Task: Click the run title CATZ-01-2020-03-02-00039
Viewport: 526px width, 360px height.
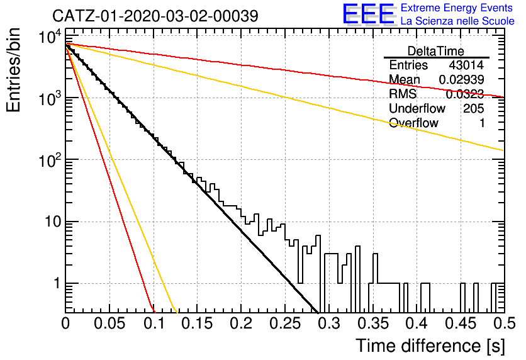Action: [x=155, y=16]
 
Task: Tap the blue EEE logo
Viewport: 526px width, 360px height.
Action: [x=368, y=14]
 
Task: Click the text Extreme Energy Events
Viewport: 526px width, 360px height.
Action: [x=457, y=8]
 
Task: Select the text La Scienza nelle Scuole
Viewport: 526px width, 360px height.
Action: [x=457, y=21]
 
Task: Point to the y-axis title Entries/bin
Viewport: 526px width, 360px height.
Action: [x=14, y=70]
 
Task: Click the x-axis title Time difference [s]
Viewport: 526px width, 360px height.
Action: [x=430, y=346]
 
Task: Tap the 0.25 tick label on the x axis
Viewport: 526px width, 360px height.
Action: [x=285, y=323]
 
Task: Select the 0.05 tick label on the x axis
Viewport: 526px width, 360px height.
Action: [x=109, y=323]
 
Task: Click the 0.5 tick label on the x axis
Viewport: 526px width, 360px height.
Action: [x=504, y=323]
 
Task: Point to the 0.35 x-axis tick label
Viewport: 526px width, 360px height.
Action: [x=373, y=323]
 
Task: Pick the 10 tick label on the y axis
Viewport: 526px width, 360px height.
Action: [x=53, y=222]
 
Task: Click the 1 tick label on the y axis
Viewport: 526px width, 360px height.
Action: [x=57, y=283]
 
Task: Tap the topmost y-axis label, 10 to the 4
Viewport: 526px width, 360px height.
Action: [x=50, y=37]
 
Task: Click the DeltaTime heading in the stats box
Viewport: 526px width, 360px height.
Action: [x=436, y=51]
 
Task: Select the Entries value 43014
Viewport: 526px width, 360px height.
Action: [x=466, y=65]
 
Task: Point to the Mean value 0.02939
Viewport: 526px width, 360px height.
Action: [x=461, y=79]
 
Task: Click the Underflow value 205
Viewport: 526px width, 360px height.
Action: [x=474, y=108]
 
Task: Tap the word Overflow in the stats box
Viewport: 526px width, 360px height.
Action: [x=413, y=123]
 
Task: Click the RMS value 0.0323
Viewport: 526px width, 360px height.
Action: [x=465, y=94]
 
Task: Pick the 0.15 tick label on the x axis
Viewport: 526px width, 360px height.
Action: [x=198, y=323]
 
